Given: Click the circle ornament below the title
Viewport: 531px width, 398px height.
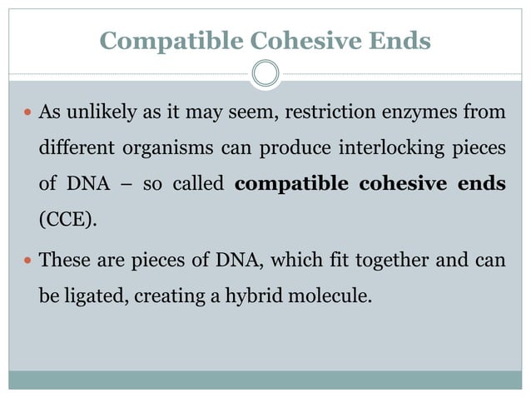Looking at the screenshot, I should pos(265,74).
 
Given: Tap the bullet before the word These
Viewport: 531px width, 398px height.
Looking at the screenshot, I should pos(28,261).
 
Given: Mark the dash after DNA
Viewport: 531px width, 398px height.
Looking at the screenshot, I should pos(123,184).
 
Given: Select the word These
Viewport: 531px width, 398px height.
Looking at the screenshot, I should pos(65,260).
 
